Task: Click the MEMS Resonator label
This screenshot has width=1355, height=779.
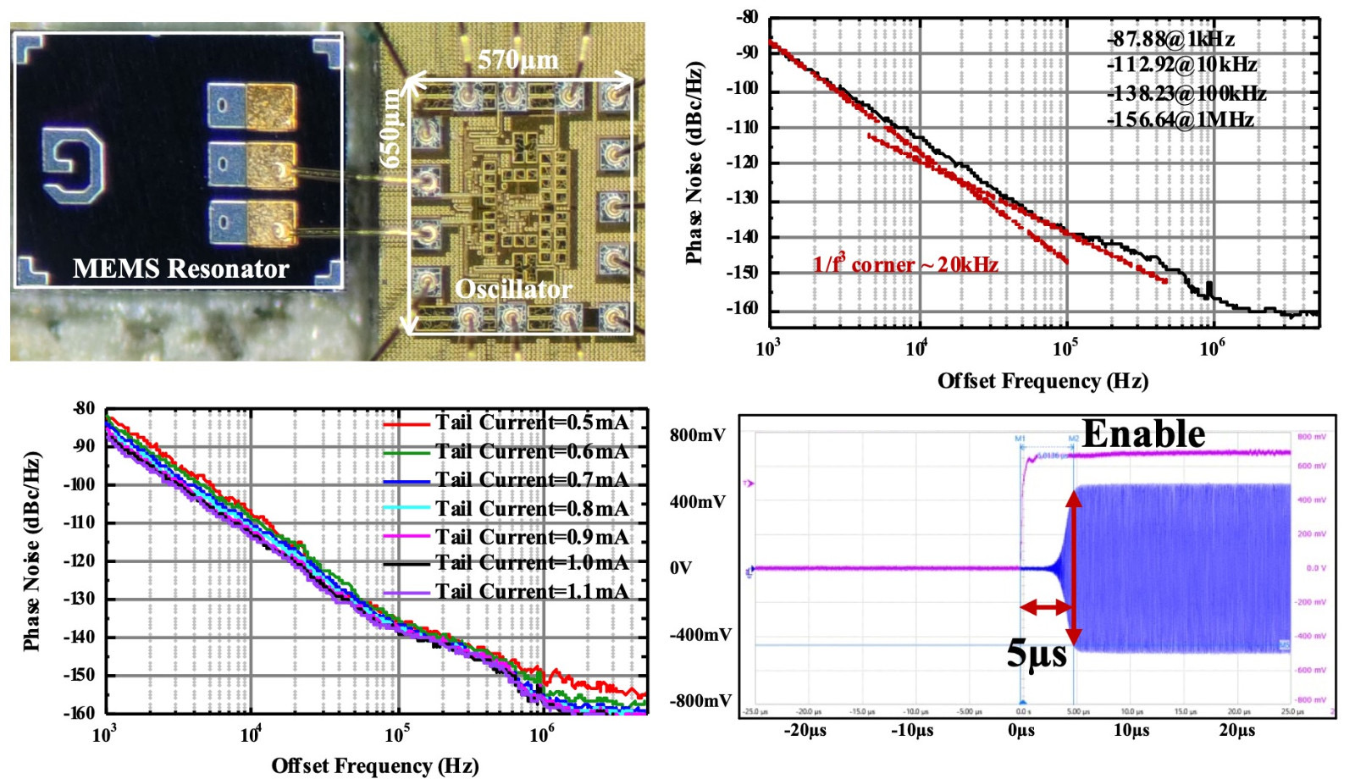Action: tap(180, 268)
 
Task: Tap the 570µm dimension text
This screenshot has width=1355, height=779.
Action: tap(517, 60)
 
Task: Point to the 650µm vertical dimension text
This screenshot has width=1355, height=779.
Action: tap(390, 128)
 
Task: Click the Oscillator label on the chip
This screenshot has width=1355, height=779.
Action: tap(513, 289)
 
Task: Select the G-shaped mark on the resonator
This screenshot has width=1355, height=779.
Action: tap(74, 165)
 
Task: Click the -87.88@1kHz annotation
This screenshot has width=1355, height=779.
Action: tap(1170, 39)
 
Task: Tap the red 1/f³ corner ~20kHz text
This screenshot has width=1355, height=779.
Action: tap(905, 265)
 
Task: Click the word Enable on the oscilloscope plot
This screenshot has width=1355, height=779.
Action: tap(1143, 434)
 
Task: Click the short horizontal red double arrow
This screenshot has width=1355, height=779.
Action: tap(1046, 606)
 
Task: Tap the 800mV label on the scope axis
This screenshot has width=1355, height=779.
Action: tap(697, 435)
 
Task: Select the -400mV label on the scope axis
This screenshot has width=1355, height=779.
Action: tap(700, 635)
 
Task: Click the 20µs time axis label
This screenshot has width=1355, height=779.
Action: tap(1236, 730)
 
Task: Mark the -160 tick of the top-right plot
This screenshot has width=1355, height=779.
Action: tap(742, 308)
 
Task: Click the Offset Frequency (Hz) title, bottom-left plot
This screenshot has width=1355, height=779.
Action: tap(374, 765)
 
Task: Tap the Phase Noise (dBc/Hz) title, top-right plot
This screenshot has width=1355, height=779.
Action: tap(695, 163)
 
